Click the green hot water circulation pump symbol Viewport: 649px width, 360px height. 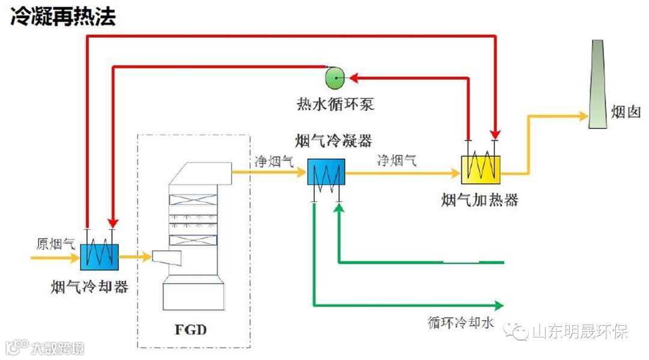click(x=333, y=76)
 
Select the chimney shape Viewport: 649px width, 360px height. click(x=596, y=84)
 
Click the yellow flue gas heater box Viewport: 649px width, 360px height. click(x=481, y=169)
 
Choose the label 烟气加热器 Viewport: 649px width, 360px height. click(x=480, y=200)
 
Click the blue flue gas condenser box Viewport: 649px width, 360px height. click(x=326, y=174)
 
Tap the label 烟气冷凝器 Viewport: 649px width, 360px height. click(x=334, y=141)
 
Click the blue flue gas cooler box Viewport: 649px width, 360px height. click(x=99, y=257)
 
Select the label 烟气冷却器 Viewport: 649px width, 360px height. click(x=90, y=287)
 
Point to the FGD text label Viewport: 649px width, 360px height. click(x=192, y=329)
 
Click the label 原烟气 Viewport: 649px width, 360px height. click(x=56, y=244)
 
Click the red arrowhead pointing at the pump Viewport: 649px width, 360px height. click(x=353, y=77)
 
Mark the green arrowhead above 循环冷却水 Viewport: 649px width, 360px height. click(x=498, y=304)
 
